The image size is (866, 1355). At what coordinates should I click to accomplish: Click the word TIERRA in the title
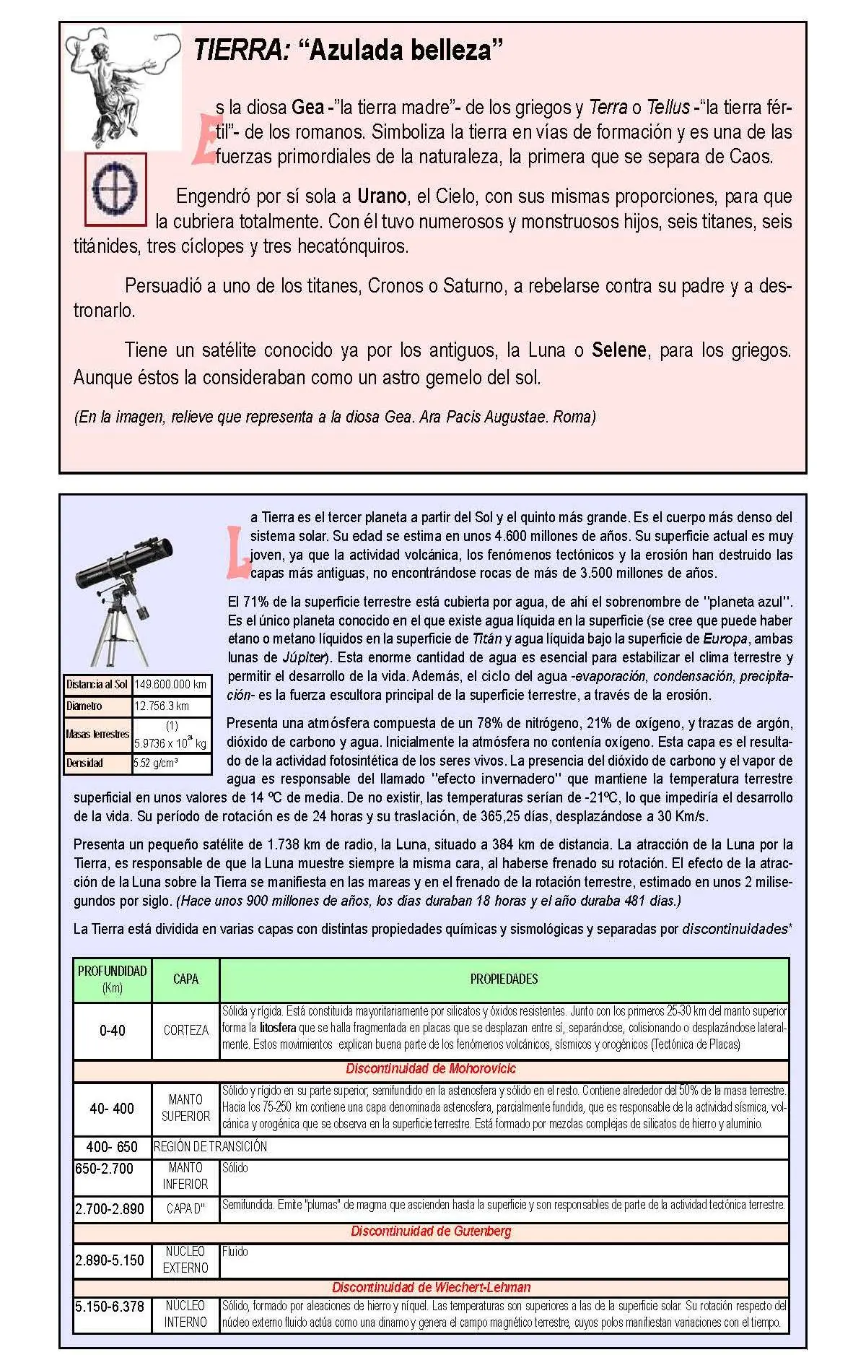pos(242,50)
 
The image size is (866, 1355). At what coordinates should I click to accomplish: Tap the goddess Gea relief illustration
pos(123,89)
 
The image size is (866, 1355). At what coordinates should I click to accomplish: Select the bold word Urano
pos(382,196)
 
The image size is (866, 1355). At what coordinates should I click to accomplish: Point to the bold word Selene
pos(618,350)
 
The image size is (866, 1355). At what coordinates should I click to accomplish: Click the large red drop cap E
pos(204,138)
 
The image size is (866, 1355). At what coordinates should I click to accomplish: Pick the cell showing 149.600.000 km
pos(171,684)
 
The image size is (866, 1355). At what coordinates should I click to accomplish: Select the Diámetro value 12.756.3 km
pos(171,706)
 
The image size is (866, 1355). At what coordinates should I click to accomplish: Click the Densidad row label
pos(98,763)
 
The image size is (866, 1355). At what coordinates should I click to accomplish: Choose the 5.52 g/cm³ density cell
pos(171,763)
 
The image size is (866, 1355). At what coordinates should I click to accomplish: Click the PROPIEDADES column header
pos(504,979)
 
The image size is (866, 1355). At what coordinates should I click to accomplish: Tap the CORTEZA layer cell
pos(185,1030)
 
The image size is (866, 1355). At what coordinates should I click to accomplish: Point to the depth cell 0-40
pos(112,1030)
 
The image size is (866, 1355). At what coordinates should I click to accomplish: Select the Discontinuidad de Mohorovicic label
pos(431,1069)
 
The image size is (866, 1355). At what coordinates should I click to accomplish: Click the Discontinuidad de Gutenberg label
pos(431,1231)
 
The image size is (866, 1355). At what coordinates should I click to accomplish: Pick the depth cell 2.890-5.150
pos(110,1260)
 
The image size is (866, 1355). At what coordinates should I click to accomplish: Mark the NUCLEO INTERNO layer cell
pos(185,1314)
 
